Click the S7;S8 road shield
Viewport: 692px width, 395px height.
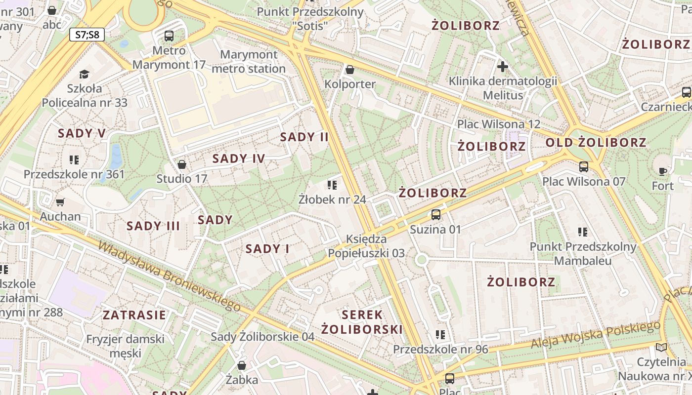(87, 35)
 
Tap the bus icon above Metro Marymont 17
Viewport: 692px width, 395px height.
(169, 36)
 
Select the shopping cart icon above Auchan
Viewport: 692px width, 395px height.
(60, 201)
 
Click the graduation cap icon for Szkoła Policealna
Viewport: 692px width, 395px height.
(84, 74)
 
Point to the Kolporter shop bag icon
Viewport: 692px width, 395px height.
(350, 70)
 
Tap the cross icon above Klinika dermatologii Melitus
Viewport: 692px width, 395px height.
(503, 67)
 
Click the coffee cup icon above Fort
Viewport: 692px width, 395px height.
(662, 171)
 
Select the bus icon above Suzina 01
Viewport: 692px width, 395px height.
(435, 215)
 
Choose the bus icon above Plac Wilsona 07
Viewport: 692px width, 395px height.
(584, 166)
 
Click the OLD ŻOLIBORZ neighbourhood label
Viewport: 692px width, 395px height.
(596, 143)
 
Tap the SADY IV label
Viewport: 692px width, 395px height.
(239, 158)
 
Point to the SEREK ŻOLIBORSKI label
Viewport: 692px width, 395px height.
(362, 322)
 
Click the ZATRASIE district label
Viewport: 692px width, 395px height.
(134, 315)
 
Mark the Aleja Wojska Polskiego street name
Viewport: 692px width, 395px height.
(596, 335)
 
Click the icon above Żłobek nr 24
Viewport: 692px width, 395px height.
(332, 185)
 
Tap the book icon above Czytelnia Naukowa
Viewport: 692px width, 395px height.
(661, 347)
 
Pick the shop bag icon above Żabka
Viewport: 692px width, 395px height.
(242, 365)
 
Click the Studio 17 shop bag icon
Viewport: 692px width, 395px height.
(182, 164)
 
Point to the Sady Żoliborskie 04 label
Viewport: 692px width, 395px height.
(262, 337)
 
